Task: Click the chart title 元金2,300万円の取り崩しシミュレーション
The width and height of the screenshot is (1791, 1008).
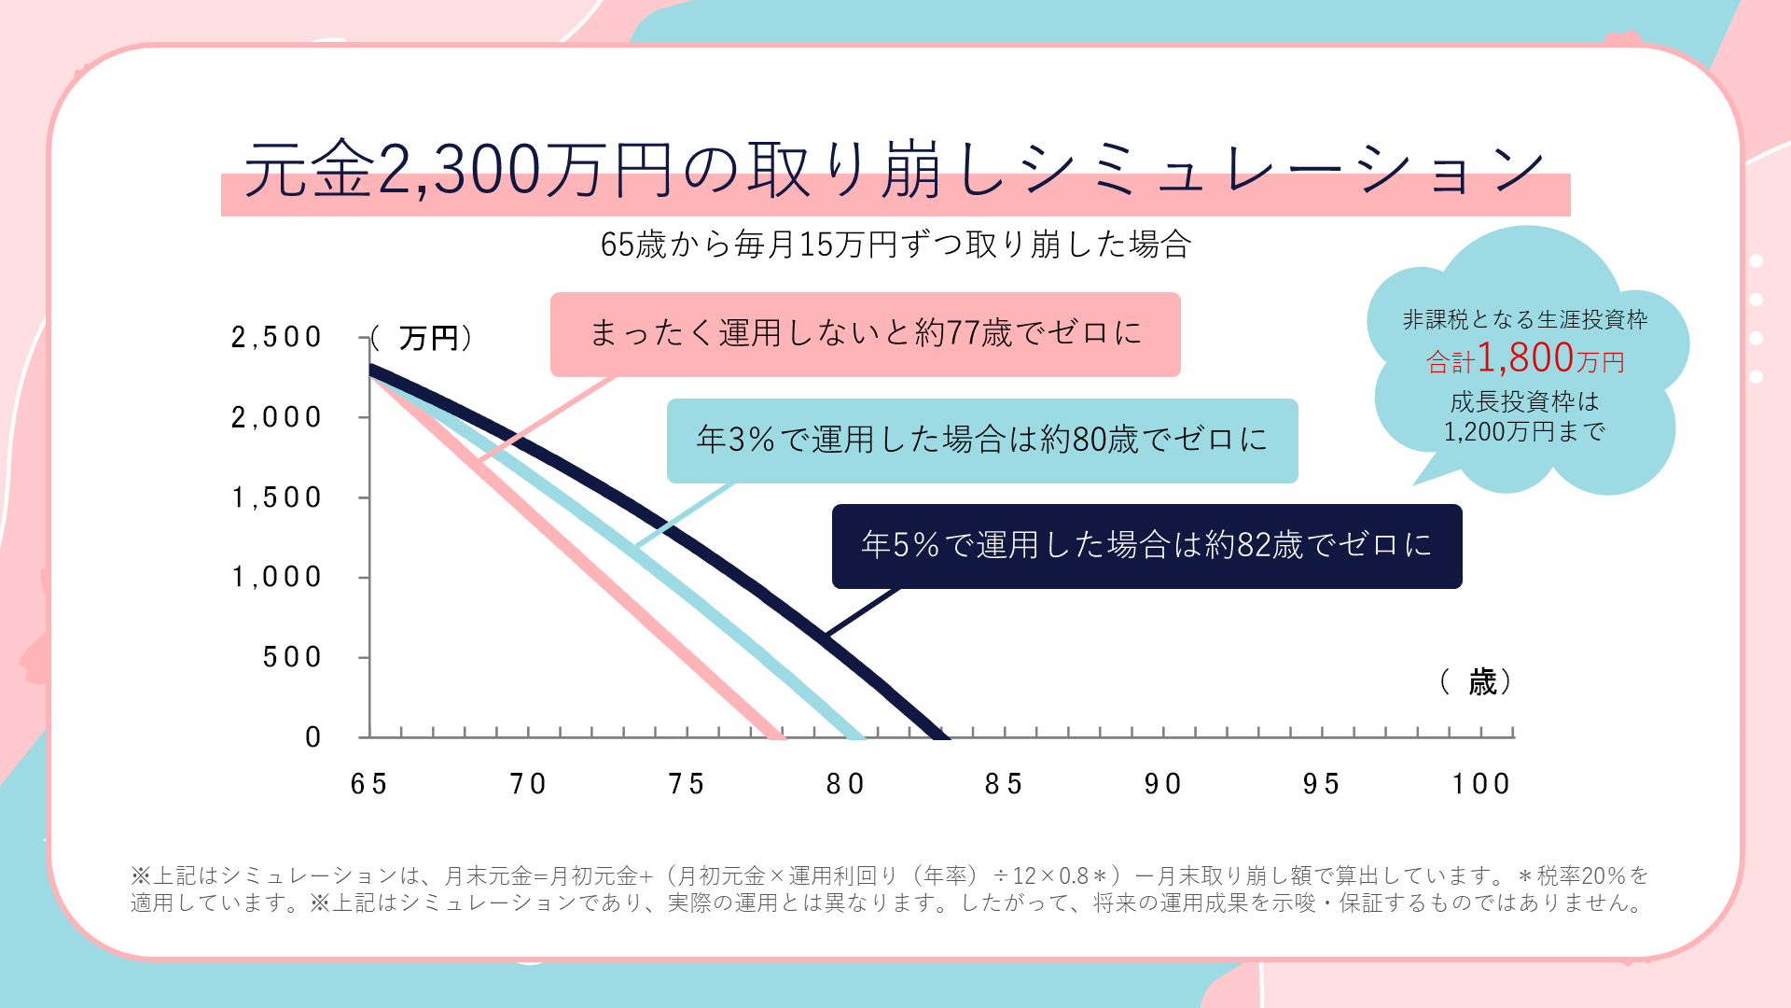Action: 894,171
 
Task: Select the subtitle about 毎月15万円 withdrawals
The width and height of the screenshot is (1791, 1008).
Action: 895,245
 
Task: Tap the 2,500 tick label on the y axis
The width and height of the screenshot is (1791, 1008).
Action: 276,337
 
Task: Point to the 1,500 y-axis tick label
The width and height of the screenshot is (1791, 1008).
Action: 276,497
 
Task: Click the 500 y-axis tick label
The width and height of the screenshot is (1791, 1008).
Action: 292,657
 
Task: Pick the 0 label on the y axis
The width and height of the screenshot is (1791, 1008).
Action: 313,737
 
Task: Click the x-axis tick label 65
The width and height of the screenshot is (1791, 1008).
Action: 369,784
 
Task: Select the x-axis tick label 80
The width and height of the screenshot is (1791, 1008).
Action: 846,784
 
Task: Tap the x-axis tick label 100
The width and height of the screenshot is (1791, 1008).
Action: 1481,784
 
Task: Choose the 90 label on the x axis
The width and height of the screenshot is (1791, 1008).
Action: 1163,784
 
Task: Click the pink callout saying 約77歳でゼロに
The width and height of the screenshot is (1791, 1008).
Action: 865,334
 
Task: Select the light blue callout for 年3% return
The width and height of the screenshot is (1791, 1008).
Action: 981,441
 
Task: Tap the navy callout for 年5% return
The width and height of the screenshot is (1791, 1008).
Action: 1146,546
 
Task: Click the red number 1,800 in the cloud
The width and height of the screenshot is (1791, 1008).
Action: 1525,357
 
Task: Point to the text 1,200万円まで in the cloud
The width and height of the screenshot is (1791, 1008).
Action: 1524,431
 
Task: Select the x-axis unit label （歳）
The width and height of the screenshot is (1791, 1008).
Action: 1476,682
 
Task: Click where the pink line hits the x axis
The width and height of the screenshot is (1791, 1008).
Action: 776,735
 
